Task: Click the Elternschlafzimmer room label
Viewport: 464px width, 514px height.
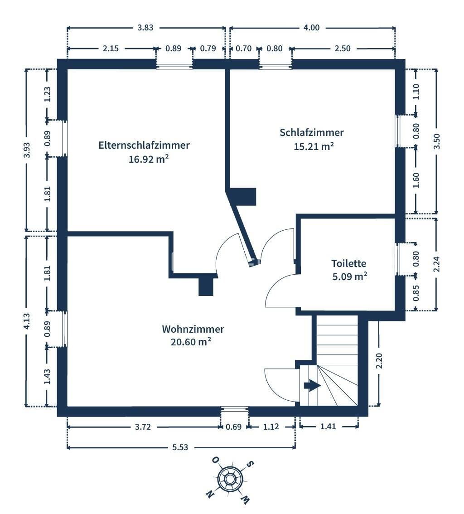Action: click(144, 145)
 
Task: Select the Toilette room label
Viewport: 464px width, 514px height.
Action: click(348, 263)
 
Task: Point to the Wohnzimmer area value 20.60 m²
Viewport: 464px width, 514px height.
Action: click(191, 342)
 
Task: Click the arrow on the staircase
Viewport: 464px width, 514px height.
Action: click(312, 386)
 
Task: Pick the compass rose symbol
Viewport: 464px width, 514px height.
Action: click(230, 479)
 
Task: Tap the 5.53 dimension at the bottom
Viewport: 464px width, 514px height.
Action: click(180, 447)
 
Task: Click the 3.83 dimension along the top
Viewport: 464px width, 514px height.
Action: click(145, 28)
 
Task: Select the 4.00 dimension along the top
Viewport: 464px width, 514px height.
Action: click(311, 28)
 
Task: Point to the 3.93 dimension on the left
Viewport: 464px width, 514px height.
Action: click(27, 150)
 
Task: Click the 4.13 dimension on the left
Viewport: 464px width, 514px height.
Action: click(27, 321)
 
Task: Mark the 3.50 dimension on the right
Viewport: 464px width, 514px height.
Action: click(436, 141)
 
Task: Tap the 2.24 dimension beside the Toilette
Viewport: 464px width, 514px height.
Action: click(436, 264)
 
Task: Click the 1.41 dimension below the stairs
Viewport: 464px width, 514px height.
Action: click(328, 427)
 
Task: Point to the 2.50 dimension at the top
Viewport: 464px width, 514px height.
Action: click(343, 48)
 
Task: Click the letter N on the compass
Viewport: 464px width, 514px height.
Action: click(210, 494)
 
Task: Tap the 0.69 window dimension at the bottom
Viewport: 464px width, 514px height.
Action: click(234, 427)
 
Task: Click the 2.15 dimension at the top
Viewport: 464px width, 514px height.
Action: click(111, 48)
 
